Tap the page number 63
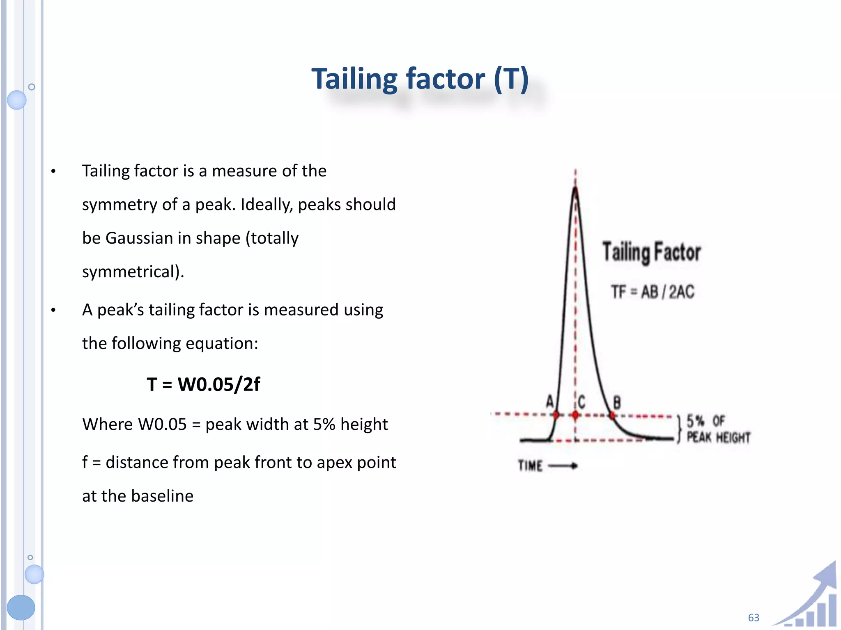point(754,618)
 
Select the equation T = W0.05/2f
point(203,384)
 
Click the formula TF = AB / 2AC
point(653,292)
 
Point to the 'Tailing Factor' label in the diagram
point(651,252)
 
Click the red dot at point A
point(556,415)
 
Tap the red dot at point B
point(612,415)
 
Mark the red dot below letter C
point(575,415)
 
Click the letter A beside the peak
point(550,401)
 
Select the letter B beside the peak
point(617,402)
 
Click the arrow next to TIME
point(563,466)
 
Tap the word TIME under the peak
point(530,466)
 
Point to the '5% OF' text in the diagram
point(706,421)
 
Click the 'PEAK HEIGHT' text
point(718,438)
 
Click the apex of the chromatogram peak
point(575,189)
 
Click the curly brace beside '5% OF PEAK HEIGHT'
point(679,429)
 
